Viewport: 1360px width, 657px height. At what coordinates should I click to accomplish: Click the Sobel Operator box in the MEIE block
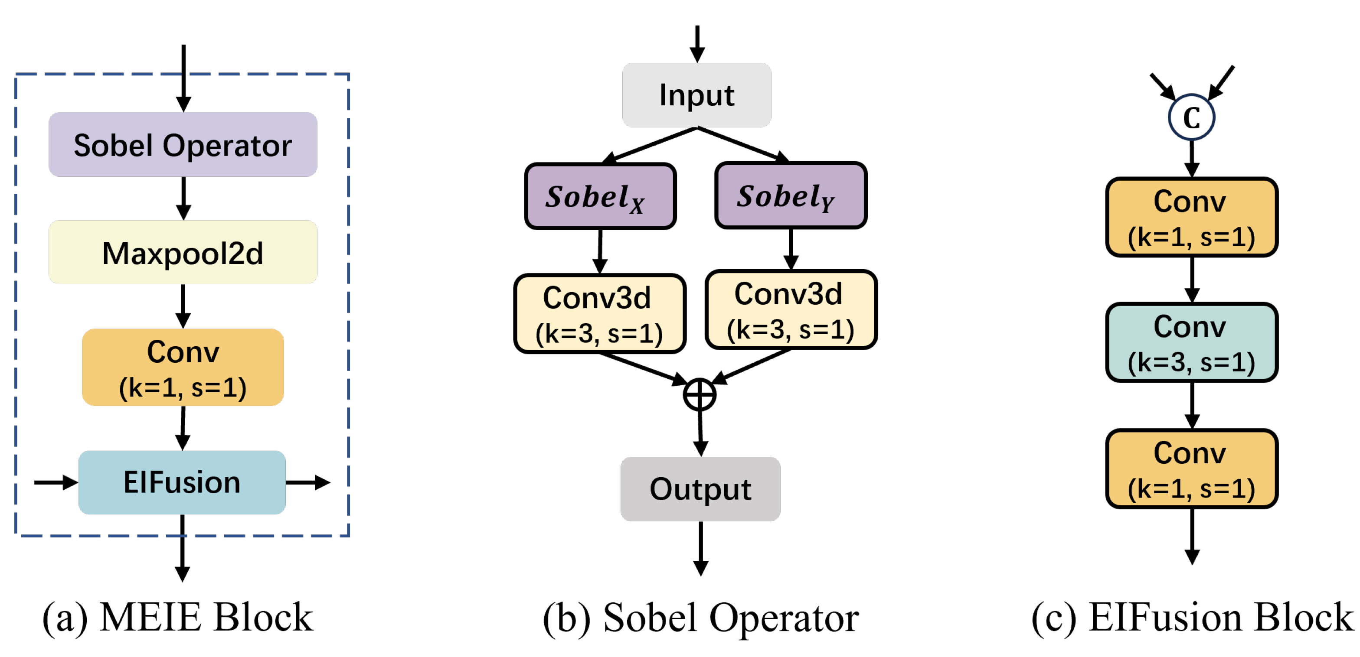point(183,145)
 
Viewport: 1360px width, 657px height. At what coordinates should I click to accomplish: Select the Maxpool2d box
point(183,253)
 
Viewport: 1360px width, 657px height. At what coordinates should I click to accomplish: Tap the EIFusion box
point(182,482)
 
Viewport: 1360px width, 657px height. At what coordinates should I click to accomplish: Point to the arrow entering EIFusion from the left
point(56,482)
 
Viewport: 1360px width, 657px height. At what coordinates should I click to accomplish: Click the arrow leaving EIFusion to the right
point(308,482)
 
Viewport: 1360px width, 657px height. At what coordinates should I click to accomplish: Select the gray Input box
point(696,95)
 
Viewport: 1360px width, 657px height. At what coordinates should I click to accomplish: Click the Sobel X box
point(600,196)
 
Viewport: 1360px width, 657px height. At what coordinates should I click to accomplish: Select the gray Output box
point(700,489)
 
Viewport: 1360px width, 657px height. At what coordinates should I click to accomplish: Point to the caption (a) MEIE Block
point(178,618)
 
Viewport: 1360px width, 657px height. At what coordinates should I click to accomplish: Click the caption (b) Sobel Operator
point(700,618)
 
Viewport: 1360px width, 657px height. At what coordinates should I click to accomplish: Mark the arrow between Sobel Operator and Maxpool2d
point(183,198)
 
